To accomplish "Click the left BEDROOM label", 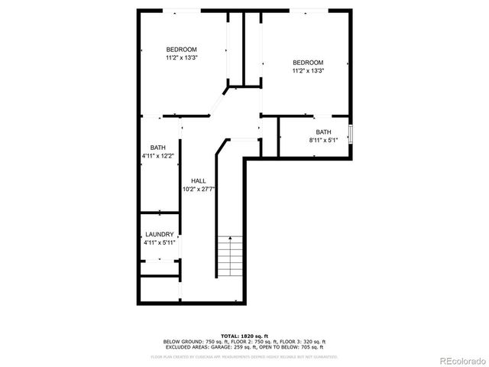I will click(181, 50).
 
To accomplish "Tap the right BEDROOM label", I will click(308, 63).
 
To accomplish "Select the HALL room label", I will click(198, 181).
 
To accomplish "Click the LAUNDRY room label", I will click(160, 235).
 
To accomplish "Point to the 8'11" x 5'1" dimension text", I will click(323, 140).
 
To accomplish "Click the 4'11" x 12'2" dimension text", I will click(158, 156).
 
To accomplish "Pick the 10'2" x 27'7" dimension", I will click(199, 189).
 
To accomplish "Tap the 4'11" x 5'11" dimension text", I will click(160, 242).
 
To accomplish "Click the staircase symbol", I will click(228, 256).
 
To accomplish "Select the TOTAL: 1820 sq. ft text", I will click(244, 336).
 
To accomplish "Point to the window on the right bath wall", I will click(351, 133).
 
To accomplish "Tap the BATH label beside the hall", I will click(158, 148).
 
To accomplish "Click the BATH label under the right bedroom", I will click(324, 132).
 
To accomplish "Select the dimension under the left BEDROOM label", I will click(181, 57).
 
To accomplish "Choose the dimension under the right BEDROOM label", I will click(308, 71).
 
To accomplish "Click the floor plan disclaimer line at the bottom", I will click(244, 356).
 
